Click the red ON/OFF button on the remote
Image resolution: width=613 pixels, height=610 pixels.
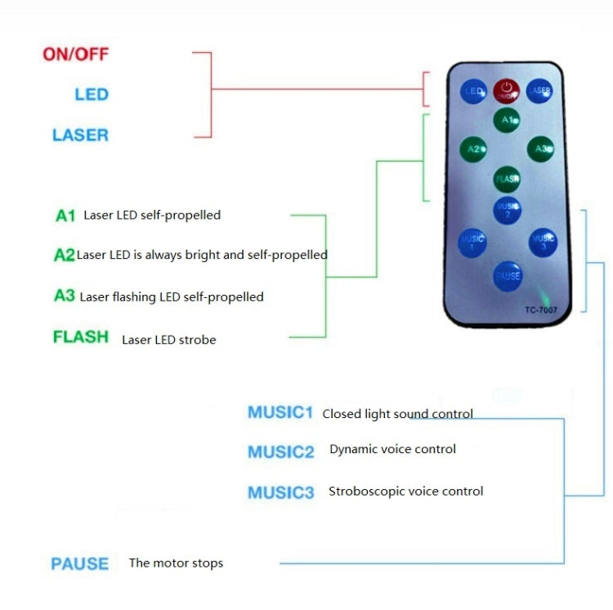(x=507, y=91)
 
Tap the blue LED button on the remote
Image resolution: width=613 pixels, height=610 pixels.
(x=473, y=92)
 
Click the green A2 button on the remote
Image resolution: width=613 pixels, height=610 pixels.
(x=473, y=149)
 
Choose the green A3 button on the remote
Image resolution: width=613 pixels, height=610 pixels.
(x=540, y=149)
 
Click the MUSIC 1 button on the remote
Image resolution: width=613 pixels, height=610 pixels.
(x=472, y=242)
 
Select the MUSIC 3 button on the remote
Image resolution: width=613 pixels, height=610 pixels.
(x=542, y=241)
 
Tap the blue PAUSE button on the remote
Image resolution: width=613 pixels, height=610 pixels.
(x=507, y=275)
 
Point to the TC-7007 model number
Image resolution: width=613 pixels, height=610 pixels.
(x=540, y=309)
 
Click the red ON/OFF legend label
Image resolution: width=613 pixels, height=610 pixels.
(x=76, y=55)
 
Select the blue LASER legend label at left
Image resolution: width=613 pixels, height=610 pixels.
(x=80, y=135)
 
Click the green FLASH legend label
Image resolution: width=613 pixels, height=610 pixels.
(x=81, y=336)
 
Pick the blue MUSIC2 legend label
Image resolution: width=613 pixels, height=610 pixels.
(x=280, y=452)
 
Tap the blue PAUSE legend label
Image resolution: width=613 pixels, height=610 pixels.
(x=79, y=563)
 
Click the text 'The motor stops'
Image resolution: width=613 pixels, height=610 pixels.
(x=176, y=563)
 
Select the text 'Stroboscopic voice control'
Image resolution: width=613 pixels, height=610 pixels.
(x=405, y=492)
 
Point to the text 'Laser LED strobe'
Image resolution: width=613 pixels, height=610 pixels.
(x=169, y=339)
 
